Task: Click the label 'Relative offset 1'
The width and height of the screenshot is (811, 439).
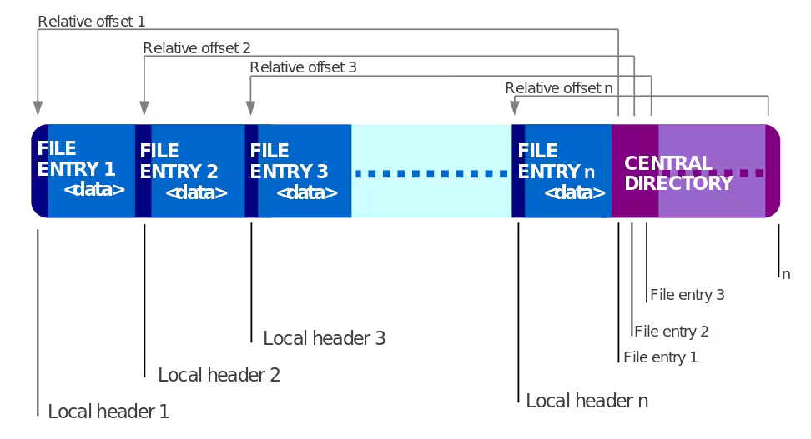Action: (x=92, y=22)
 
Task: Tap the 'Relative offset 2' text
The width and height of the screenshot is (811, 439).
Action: (x=197, y=48)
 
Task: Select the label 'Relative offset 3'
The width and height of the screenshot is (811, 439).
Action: (x=303, y=67)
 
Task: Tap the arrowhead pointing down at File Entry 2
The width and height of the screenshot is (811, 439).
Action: (x=144, y=108)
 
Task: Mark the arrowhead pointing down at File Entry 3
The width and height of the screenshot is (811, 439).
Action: (x=250, y=108)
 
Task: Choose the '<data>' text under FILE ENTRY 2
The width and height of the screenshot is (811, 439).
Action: (x=196, y=192)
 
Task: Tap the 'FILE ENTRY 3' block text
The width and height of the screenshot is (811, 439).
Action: (x=289, y=161)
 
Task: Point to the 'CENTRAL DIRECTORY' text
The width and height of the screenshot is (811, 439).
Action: (x=678, y=173)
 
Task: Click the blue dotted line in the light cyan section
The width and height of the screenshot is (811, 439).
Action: (x=431, y=174)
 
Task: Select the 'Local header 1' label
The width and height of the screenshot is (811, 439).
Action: (x=108, y=412)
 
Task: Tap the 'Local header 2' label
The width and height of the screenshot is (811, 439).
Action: (x=219, y=375)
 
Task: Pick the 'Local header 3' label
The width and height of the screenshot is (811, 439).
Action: (x=324, y=338)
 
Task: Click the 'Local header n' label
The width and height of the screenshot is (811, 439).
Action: (x=587, y=401)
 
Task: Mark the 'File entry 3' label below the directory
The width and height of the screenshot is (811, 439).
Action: (x=687, y=295)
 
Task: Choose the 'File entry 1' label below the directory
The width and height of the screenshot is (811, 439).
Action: (x=660, y=357)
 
